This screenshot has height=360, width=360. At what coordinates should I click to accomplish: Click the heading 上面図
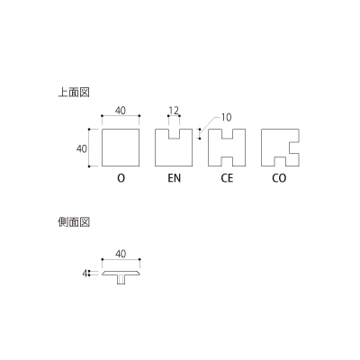click(x=74, y=93)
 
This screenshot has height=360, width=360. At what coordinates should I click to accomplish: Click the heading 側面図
click(x=74, y=222)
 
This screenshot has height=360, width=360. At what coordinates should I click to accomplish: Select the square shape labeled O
click(x=121, y=130)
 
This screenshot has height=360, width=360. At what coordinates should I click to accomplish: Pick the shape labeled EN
click(x=156, y=148)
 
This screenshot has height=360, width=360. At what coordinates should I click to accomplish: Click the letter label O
click(x=121, y=178)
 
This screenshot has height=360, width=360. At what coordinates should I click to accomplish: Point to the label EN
click(x=174, y=178)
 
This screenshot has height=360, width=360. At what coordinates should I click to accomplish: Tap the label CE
click(x=227, y=178)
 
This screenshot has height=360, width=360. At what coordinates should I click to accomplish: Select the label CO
click(x=279, y=178)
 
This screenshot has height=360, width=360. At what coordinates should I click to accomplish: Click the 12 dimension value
click(x=174, y=110)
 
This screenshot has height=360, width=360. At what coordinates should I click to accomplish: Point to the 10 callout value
click(x=226, y=117)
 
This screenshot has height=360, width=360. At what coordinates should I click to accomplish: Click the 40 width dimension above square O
click(x=121, y=111)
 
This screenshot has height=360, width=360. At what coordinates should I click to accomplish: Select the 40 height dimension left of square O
click(x=82, y=148)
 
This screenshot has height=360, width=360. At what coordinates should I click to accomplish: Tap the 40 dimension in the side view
click(x=121, y=254)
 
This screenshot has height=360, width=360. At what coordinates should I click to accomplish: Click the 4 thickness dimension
click(x=85, y=274)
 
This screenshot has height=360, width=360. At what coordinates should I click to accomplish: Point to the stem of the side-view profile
click(x=121, y=279)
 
